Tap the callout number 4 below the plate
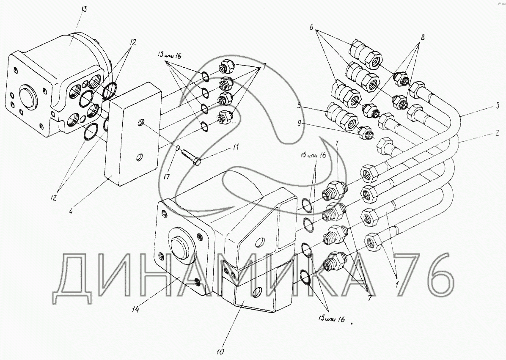71,209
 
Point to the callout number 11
235,147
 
